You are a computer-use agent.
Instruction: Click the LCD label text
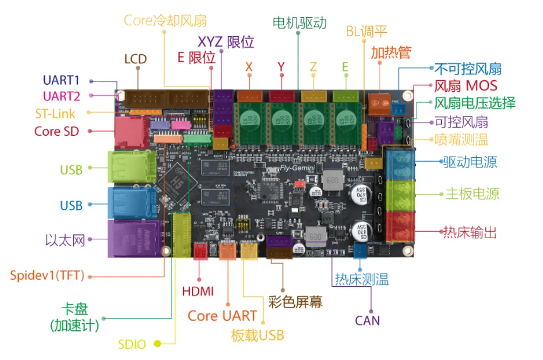(x=135, y=59)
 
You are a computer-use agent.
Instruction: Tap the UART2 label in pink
(x=61, y=96)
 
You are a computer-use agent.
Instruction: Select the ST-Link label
(x=55, y=114)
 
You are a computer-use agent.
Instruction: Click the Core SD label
(x=57, y=131)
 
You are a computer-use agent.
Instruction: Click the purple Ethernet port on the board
(x=135, y=238)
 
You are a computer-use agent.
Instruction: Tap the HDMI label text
(x=198, y=292)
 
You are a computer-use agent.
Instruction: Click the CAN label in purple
(x=367, y=321)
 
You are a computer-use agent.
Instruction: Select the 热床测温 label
(x=361, y=279)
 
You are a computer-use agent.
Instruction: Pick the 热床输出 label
(x=469, y=233)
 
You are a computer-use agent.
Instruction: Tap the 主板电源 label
(x=472, y=194)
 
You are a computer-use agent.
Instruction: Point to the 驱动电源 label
(x=469, y=162)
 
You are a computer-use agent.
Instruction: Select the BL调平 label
(x=366, y=32)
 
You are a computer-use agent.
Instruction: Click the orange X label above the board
(x=249, y=67)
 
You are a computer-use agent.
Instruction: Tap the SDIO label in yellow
(x=132, y=344)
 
